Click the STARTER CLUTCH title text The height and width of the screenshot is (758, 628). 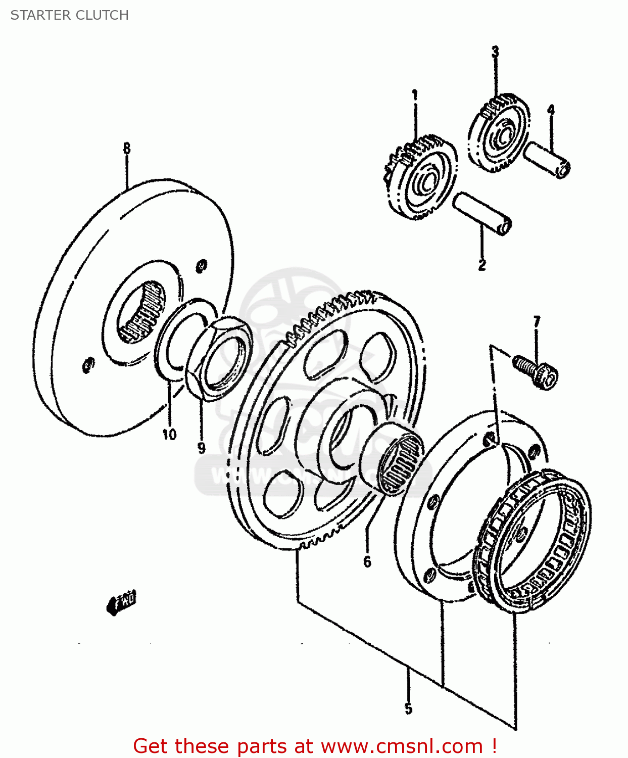(x=70, y=15)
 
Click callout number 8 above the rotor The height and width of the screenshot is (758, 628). (x=126, y=149)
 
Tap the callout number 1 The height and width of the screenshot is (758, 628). (x=415, y=95)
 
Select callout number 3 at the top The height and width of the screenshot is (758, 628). (x=495, y=52)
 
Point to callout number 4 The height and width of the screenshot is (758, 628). (x=551, y=110)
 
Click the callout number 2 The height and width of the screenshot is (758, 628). (x=482, y=264)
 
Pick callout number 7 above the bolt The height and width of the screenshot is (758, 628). (x=537, y=322)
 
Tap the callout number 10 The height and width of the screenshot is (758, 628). (x=169, y=434)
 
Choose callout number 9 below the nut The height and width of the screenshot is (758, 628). (x=202, y=448)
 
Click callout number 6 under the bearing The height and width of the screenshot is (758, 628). (x=367, y=561)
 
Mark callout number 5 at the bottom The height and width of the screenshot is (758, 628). (x=408, y=708)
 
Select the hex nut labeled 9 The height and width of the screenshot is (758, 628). (x=220, y=356)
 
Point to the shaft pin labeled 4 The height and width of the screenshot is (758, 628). (x=548, y=160)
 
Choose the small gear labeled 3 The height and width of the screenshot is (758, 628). (x=499, y=133)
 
